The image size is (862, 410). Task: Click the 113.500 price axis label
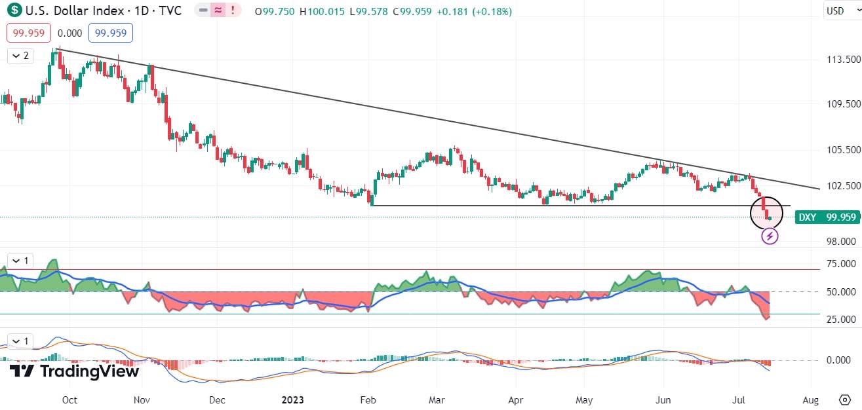[x=841, y=59]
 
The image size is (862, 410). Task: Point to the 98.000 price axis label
[x=841, y=241]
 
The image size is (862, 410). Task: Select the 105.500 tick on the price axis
[x=841, y=149]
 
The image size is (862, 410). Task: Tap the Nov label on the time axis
[x=142, y=400]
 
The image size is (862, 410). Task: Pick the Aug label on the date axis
[x=810, y=400]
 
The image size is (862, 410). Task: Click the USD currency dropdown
[x=840, y=10]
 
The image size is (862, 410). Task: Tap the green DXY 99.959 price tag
[x=827, y=217]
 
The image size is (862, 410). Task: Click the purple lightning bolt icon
[x=770, y=236]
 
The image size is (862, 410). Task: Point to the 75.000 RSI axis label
[x=841, y=263]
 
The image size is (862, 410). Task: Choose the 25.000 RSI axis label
[x=841, y=319]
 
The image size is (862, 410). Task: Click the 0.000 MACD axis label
[x=841, y=360]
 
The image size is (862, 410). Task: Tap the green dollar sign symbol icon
[x=12, y=11]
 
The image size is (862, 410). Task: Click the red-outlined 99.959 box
[x=29, y=33]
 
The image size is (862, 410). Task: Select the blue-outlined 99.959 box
[x=112, y=33]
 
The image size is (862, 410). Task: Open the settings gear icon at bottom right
[x=845, y=400]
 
